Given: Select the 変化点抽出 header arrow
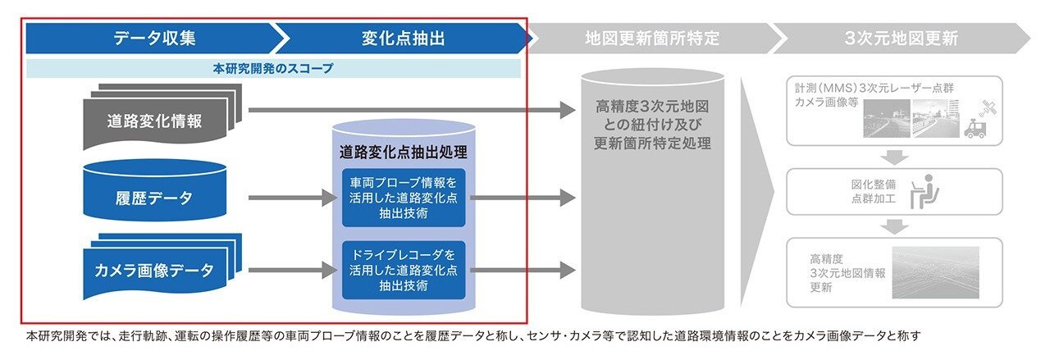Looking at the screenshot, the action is [403, 38].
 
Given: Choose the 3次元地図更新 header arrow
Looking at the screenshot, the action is [901, 38].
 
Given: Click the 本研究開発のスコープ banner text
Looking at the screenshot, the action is [273, 68].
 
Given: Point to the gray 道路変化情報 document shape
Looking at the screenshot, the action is [162, 117].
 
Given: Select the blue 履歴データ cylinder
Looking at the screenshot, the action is [155, 190].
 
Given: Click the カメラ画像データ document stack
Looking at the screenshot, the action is [162, 267].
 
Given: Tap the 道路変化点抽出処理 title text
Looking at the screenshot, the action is [403, 152].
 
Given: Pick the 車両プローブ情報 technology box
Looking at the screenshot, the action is [404, 198].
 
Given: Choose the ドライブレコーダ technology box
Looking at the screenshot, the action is [404, 270].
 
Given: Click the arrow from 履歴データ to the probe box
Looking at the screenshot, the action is [293, 198].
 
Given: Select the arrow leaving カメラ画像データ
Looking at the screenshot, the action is [293, 270].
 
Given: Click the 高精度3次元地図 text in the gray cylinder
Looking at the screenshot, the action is [652, 107].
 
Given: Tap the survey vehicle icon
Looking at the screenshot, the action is [975, 128].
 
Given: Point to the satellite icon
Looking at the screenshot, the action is [988, 109].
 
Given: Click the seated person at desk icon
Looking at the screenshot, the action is [924, 192].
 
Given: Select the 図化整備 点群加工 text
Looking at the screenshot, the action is [874, 191].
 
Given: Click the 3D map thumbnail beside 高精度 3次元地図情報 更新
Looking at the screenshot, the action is [936, 273].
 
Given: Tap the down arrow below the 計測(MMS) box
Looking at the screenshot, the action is [894, 157].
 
